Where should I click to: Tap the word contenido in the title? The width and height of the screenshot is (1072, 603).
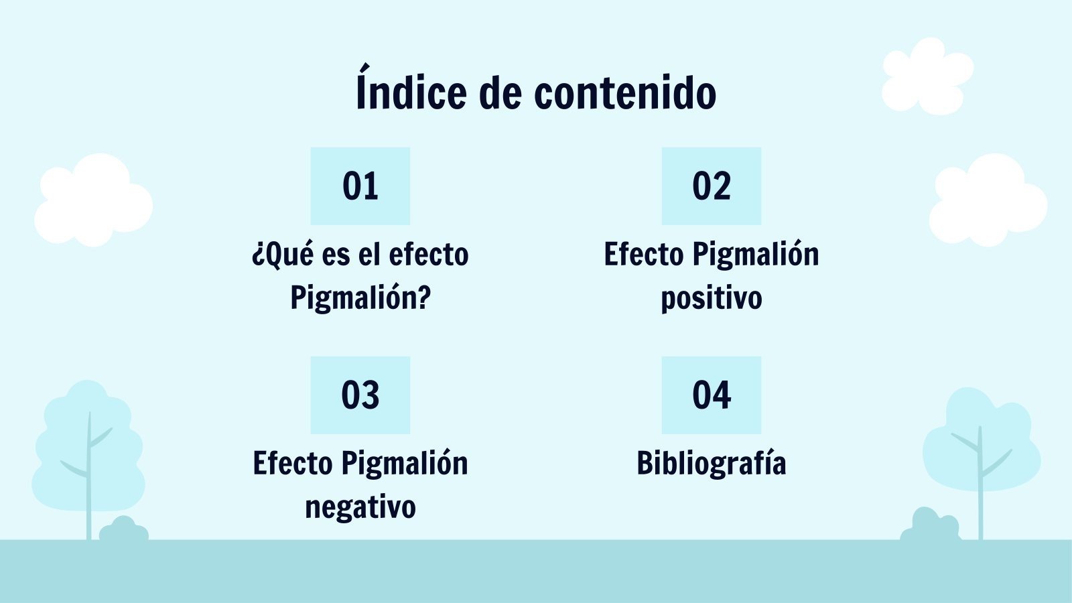(625, 92)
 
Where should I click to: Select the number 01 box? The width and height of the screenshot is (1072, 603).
(360, 186)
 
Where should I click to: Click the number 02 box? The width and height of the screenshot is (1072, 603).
(712, 186)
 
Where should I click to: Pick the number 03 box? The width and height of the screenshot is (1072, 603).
(360, 395)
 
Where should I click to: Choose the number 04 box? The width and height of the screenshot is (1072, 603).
(712, 395)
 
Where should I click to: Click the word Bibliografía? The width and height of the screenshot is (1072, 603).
(712, 464)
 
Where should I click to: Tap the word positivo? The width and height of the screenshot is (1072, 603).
(712, 298)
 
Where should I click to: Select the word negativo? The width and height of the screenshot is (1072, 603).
(360, 507)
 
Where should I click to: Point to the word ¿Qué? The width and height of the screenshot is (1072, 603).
(283, 255)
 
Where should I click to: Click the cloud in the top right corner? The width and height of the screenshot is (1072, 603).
(927, 76)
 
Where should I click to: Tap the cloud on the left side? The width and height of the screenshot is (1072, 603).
(94, 200)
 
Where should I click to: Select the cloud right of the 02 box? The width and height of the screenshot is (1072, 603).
(988, 200)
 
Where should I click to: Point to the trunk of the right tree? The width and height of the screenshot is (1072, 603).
(980, 483)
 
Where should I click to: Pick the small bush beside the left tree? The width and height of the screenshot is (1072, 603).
(123, 529)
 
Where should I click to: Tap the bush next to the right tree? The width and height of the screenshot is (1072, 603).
(930, 525)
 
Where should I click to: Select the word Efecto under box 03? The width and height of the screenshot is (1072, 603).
(293, 463)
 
